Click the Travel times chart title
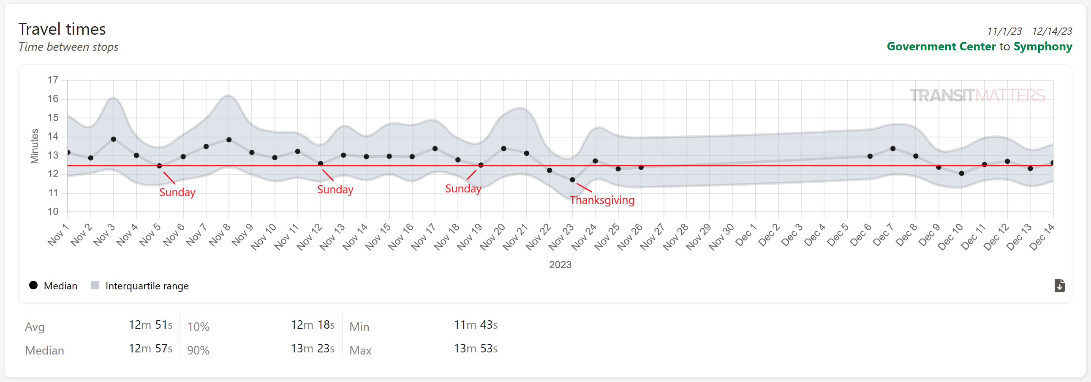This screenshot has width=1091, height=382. pos(62,29)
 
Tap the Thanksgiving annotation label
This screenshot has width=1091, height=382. pos(602,200)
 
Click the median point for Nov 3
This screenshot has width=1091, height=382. pos(114,139)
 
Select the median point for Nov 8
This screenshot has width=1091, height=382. pos(229,140)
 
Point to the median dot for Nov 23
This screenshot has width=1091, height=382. pos(572,180)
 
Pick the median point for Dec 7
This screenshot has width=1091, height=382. pos(893,148)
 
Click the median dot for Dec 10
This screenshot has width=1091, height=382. pos(961,173)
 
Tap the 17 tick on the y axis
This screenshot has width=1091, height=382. pos(53,80)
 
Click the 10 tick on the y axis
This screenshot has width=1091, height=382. pos(53,211)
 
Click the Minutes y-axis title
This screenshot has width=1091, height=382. pos(34,146)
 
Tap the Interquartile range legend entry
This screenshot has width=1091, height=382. pos(147,286)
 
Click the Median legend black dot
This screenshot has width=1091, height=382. pos(33,285)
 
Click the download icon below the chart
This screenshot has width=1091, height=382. pos(1059,285)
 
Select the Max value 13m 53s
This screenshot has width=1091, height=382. pos(476,349)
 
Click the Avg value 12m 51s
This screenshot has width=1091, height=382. pos(150,325)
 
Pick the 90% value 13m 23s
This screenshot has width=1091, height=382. pos(313,349)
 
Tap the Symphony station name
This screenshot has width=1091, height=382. pos(1042,46)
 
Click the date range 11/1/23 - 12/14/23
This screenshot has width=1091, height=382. pos(1029,31)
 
